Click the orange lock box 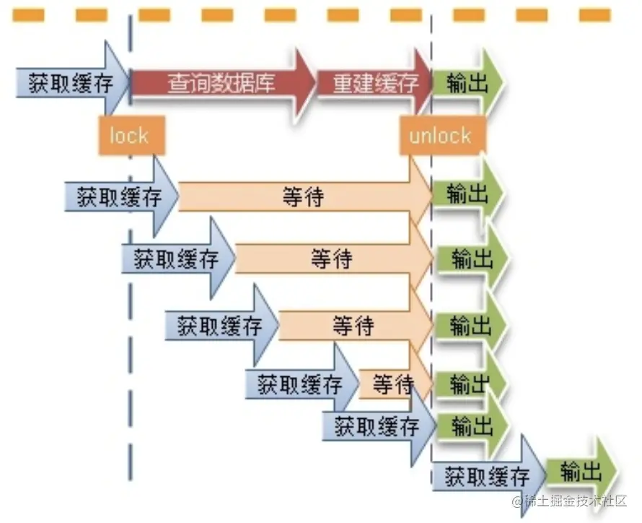coord(130,135)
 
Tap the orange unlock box coord(440,135)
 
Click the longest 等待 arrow coord(303,196)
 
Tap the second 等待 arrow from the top coord(332,258)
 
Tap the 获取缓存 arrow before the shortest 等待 coord(299,384)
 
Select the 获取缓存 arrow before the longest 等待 coord(119,196)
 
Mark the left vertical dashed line coord(131,289)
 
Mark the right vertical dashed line coord(431,289)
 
